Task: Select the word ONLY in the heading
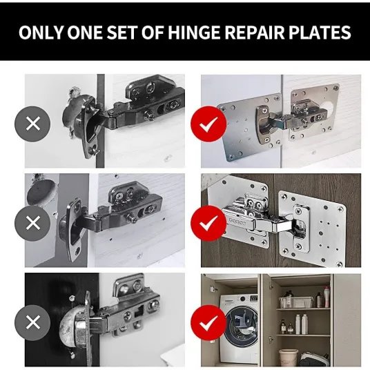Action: click(41, 32)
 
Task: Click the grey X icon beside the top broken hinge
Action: click(32, 124)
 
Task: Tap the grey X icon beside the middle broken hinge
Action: click(32, 223)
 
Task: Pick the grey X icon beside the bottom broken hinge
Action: click(32, 323)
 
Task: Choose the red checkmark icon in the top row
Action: click(208, 124)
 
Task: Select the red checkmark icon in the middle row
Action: click(208, 223)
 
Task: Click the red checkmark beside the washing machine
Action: click(208, 323)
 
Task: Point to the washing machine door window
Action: click(242, 327)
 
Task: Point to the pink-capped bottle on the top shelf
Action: click(327, 297)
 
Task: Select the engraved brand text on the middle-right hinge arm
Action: click(237, 222)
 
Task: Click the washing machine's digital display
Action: click(253, 298)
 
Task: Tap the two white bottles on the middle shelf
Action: click(302, 324)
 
